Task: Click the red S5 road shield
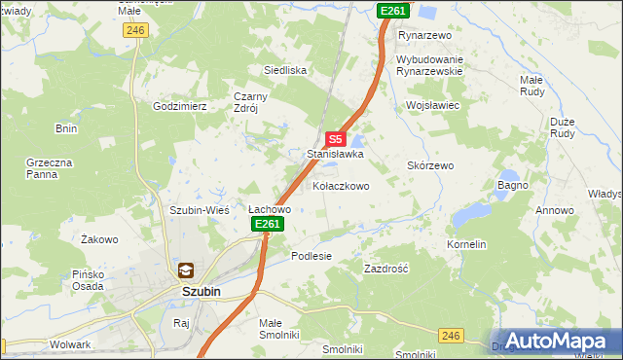click(x=335, y=139)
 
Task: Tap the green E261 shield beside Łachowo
click(x=268, y=225)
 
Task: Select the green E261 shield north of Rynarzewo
click(x=393, y=11)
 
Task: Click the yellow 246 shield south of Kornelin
click(x=450, y=335)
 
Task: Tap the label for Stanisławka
click(x=335, y=154)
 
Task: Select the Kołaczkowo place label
click(x=340, y=186)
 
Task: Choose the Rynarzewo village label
click(x=425, y=35)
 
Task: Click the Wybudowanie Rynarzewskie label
click(x=429, y=66)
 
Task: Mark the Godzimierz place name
click(x=181, y=106)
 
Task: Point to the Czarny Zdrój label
click(x=244, y=102)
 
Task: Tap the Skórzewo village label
click(x=430, y=166)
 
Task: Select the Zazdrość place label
click(x=385, y=268)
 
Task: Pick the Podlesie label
click(x=311, y=256)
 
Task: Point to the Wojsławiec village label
click(x=432, y=104)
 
